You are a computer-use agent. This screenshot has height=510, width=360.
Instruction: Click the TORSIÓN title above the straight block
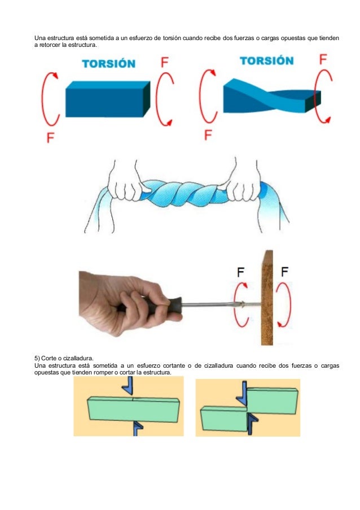pyautogui.click(x=108, y=64)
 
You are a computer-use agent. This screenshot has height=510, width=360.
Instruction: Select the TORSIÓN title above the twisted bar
pyautogui.click(x=267, y=61)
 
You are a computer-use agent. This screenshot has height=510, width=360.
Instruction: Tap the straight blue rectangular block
pyautogui.click(x=108, y=99)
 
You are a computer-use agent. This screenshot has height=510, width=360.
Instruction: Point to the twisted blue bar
pyautogui.click(x=272, y=96)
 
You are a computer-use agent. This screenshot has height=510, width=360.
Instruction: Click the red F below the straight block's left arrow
pyautogui.click(x=50, y=138)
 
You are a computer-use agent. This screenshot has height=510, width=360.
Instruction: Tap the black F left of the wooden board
pyautogui.click(x=240, y=272)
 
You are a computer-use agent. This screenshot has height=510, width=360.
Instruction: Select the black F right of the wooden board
pyautogui.click(x=284, y=272)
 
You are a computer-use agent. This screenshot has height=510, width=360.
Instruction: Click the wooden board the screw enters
pyautogui.click(x=267, y=298)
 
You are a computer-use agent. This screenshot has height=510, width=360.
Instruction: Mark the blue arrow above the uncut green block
pyautogui.click(x=128, y=386)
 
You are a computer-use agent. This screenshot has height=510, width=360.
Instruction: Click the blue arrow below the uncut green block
pyautogui.click(x=138, y=428)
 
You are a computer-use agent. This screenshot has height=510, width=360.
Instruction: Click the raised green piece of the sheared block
pyautogui.click(x=273, y=401)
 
